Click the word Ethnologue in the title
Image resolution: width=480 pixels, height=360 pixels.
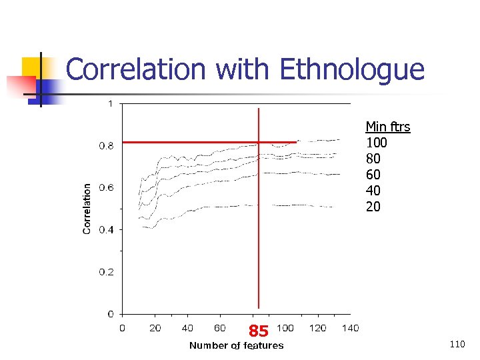[353, 70]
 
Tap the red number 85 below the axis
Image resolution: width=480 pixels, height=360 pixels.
[259, 331]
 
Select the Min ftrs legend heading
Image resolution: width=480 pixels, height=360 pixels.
[388, 127]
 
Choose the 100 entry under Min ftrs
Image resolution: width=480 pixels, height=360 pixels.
[377, 143]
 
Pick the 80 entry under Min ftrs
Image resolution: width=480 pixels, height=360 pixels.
[373, 159]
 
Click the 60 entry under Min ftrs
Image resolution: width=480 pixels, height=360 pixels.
[373, 175]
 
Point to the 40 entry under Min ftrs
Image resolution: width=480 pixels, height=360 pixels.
[373, 191]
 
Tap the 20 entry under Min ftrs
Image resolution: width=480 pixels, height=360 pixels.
[373, 207]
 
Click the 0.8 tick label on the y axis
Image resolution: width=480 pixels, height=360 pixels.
[106, 145]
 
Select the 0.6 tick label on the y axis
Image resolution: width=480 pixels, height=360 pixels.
[106, 187]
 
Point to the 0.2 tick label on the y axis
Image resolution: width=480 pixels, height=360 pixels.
[106, 272]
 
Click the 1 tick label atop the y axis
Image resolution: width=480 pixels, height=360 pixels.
[110, 103]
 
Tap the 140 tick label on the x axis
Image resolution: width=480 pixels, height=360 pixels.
[350, 328]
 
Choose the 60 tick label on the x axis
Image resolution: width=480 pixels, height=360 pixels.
[220, 328]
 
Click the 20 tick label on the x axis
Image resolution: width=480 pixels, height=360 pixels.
[155, 328]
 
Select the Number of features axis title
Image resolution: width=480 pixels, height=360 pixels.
[236, 345]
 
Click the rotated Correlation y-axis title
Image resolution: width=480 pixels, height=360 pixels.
[87, 209]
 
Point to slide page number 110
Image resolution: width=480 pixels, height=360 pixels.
[457, 344]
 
